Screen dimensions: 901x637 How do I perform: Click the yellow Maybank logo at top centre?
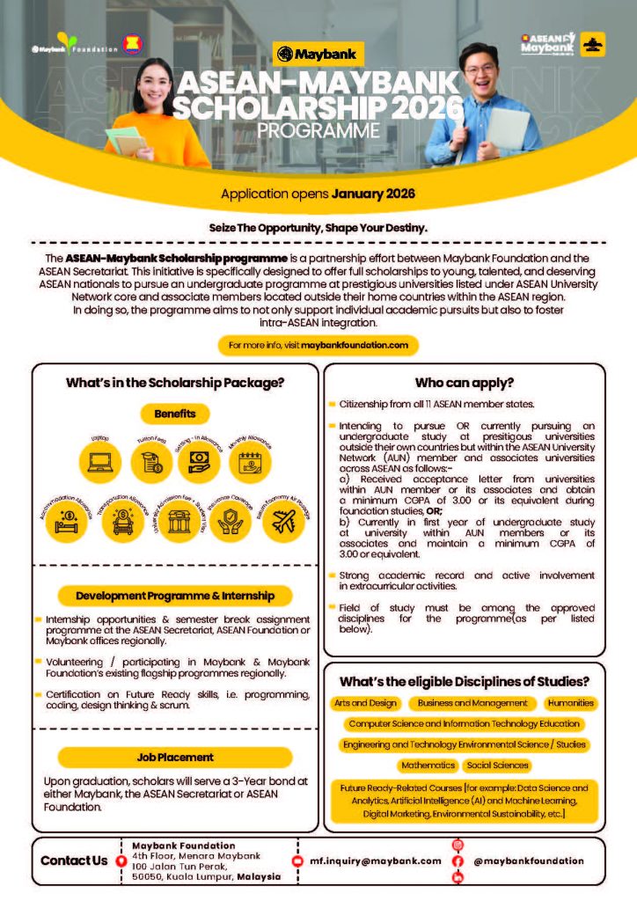click(x=318, y=55)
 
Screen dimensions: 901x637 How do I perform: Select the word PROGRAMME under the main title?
click(x=318, y=130)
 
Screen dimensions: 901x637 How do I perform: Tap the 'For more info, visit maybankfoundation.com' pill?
click(x=318, y=346)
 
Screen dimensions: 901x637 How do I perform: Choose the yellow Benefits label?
click(x=175, y=413)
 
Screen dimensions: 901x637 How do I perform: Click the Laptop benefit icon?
click(x=99, y=460)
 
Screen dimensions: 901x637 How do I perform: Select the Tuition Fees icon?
click(x=150, y=460)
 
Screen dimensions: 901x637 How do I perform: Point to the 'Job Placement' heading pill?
click(x=175, y=757)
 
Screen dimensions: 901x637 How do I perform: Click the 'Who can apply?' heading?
click(x=465, y=383)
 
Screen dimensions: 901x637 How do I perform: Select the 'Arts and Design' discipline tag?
click(x=366, y=703)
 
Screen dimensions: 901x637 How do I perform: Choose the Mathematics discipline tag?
click(x=428, y=765)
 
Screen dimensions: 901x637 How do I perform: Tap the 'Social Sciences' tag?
click(x=497, y=765)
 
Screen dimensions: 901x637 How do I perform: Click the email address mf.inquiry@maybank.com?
click(x=376, y=861)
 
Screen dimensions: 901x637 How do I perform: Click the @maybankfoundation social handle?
click(x=529, y=861)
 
